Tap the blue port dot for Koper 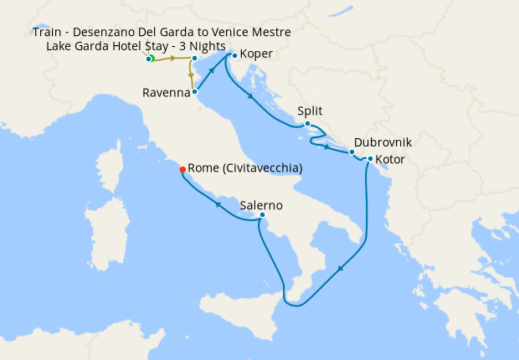pos(234,56)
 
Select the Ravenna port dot pos(195,92)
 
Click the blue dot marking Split pos(308,124)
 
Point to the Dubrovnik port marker pos(352,152)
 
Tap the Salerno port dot pos(262,215)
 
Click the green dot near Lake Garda pos(152,59)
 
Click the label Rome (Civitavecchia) pos(245,168)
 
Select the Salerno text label pos(260,204)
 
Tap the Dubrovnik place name pos(383,142)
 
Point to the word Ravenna pos(166,92)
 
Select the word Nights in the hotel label pos(204,45)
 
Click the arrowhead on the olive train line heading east pos(173,59)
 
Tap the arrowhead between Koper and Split pos(251,99)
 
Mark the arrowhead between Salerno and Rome pos(218,203)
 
